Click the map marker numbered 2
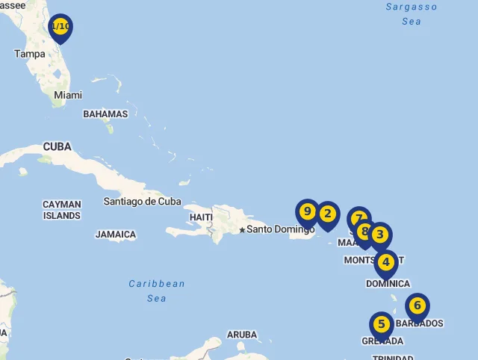pyautogui.click(x=327, y=214)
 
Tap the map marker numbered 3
pyautogui.click(x=380, y=235)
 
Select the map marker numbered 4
pyautogui.click(x=385, y=263)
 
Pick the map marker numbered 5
pyautogui.click(x=381, y=325)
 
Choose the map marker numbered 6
pyautogui.click(x=418, y=305)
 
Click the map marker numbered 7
pyautogui.click(x=358, y=219)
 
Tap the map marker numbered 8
pyautogui.click(x=364, y=232)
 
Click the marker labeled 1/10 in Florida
pyautogui.click(x=60, y=27)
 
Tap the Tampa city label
pyautogui.click(x=30, y=54)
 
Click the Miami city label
pyautogui.click(x=68, y=96)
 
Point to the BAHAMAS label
pyautogui.click(x=105, y=114)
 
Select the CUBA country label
pyautogui.click(x=58, y=147)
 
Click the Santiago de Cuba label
pyautogui.click(x=143, y=202)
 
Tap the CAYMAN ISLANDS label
pyautogui.click(x=62, y=210)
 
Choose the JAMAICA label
pyautogui.click(x=116, y=235)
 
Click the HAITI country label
pyautogui.click(x=202, y=217)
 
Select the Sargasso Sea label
pyautogui.click(x=412, y=14)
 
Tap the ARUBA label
pyautogui.click(x=242, y=335)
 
